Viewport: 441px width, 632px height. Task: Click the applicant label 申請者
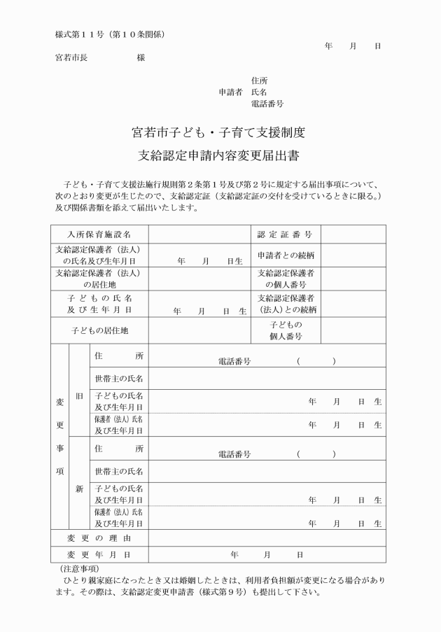(x=230, y=92)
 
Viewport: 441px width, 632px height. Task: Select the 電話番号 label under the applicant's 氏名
(x=267, y=104)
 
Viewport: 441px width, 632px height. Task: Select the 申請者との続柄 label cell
(x=286, y=255)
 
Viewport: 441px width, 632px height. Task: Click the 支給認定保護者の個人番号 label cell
(x=286, y=279)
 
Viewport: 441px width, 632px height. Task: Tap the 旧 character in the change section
(x=79, y=395)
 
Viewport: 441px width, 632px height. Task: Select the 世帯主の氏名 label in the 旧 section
(x=119, y=379)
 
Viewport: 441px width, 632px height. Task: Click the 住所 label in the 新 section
(x=119, y=449)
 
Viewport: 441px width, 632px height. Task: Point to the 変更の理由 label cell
(x=99, y=538)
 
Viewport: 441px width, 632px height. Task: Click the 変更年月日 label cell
(x=99, y=555)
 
